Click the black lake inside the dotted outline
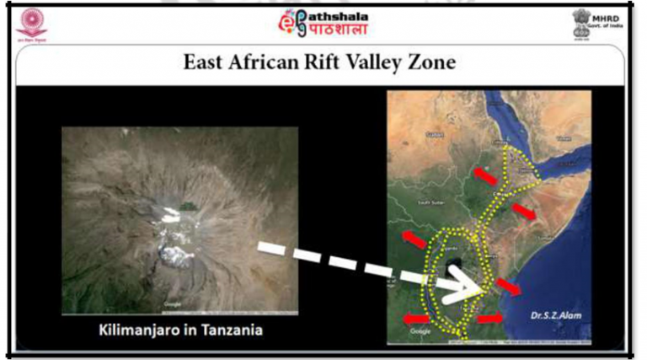(454, 268)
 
